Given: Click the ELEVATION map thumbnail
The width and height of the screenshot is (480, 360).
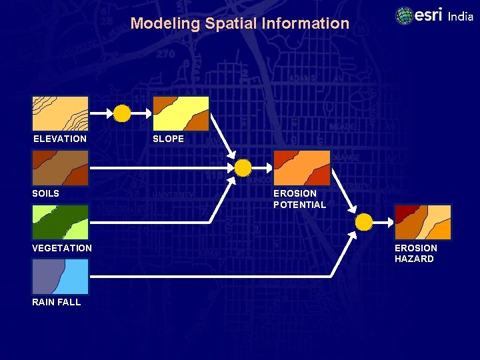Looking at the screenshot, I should pyautogui.click(x=60, y=113).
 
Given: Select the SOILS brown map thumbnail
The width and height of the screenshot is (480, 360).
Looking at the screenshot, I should pyautogui.click(x=60, y=167).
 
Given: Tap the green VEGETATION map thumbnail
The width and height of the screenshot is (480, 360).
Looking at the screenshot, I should pyautogui.click(x=60, y=222).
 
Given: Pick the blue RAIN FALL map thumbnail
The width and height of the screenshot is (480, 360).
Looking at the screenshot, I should pyautogui.click(x=60, y=276).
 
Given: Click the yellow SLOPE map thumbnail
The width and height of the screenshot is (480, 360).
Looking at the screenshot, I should pyautogui.click(x=181, y=113).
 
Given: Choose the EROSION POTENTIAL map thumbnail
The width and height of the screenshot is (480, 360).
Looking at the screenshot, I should pyautogui.click(x=302, y=167).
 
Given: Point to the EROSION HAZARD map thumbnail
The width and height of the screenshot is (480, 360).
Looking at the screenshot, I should pyautogui.click(x=423, y=222).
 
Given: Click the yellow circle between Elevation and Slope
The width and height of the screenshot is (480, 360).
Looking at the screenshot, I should pyautogui.click(x=122, y=114).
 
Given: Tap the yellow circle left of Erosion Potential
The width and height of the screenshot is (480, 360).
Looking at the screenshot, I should pyautogui.click(x=243, y=167).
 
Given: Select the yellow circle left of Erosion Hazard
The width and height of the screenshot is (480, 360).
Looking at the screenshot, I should pyautogui.click(x=364, y=221).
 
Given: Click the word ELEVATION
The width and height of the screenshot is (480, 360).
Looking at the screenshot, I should pyautogui.click(x=60, y=139).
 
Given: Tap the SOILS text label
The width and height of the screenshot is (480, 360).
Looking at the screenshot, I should pyautogui.click(x=45, y=193).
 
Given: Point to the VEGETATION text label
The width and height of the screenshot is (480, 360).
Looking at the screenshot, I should pyautogui.click(x=62, y=248).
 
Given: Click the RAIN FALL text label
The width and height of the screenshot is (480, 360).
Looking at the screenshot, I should pyautogui.click(x=56, y=302).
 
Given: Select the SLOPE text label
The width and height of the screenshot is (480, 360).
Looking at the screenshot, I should pyautogui.click(x=168, y=139).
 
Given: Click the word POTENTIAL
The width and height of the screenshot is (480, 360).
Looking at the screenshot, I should pyautogui.click(x=299, y=205).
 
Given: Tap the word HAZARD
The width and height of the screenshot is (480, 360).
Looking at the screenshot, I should pyautogui.click(x=414, y=259).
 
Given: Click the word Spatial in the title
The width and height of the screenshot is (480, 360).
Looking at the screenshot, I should pyautogui.click(x=228, y=23).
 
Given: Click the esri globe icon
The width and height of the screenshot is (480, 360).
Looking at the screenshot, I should pyautogui.click(x=404, y=15).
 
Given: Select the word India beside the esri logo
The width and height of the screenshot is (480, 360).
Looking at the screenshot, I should pyautogui.click(x=460, y=17).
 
